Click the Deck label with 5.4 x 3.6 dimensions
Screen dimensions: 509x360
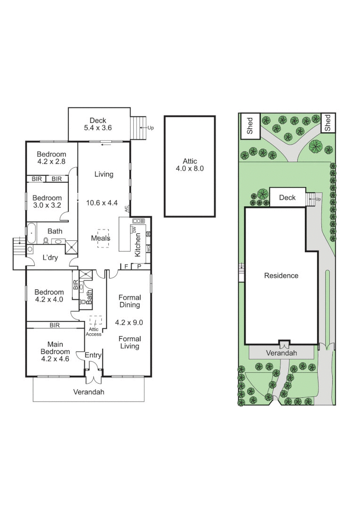[99, 124]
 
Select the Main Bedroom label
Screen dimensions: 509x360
[55, 352]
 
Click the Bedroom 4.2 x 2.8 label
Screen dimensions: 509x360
[52, 157]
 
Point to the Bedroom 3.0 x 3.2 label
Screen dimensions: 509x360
[47, 202]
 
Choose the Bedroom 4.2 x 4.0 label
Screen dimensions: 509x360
[49, 296]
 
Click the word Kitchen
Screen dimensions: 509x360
[138, 245]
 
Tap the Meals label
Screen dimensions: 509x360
[100, 238]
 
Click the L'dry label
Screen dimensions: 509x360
[50, 258]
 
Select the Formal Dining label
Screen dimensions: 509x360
[130, 301]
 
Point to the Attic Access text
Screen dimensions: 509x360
[94, 332]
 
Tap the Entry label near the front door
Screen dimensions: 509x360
[93, 355]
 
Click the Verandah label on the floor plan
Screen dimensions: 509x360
[89, 392]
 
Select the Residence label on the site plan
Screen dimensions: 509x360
[281, 276]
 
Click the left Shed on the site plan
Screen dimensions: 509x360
[250, 126]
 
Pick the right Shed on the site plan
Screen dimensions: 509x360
[327, 123]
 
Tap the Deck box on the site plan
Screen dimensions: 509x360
[287, 197]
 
